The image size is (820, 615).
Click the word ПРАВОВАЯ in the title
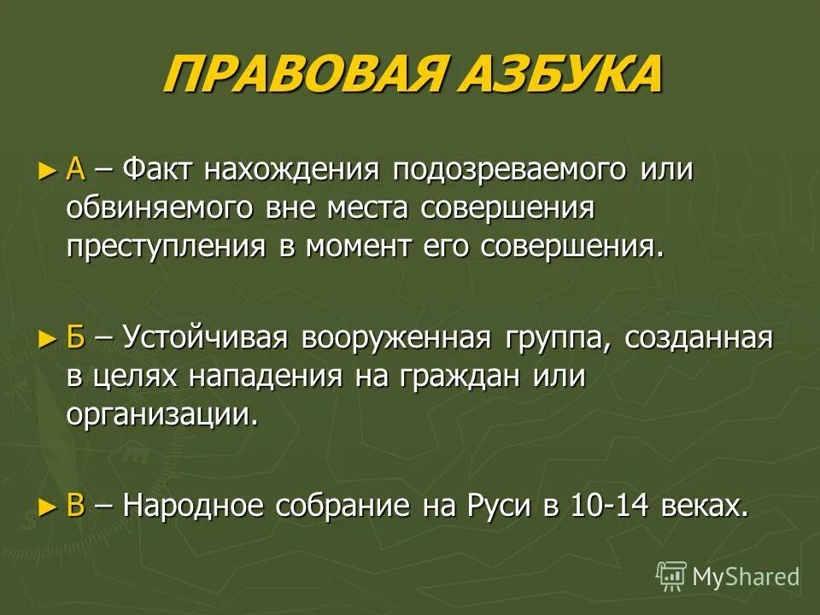pyautogui.click(x=302, y=76)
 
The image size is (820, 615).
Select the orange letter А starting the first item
pyautogui.click(x=75, y=169)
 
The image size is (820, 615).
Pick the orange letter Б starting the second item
pyautogui.click(x=75, y=338)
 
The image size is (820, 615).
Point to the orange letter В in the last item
pyautogui.click(x=75, y=507)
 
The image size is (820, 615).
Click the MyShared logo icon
pyautogui.click(x=671, y=576)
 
